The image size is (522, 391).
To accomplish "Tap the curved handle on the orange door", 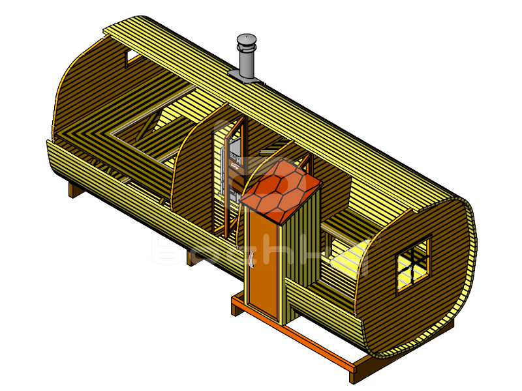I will (251, 261).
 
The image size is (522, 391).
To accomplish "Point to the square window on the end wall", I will (414, 263).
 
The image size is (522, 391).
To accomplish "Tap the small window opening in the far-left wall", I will (132, 57).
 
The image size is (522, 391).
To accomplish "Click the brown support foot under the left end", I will (74, 190).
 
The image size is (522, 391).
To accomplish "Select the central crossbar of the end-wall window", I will (414, 264).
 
